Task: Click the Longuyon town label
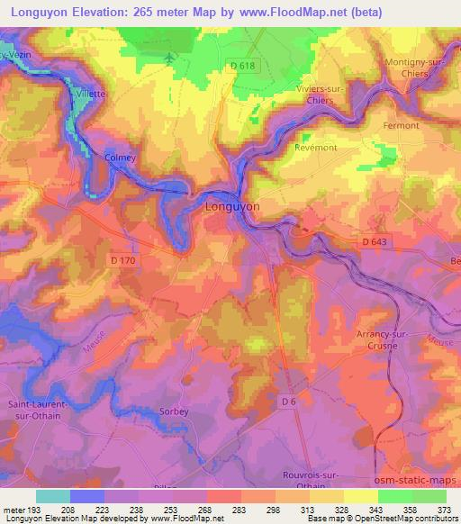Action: pos(232,206)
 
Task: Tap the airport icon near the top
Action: pos(171,59)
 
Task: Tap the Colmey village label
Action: pos(120,158)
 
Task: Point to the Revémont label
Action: pos(315,145)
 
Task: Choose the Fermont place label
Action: pos(402,125)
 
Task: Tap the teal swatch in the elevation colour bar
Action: pos(53,496)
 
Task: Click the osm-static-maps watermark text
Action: pos(418,482)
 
